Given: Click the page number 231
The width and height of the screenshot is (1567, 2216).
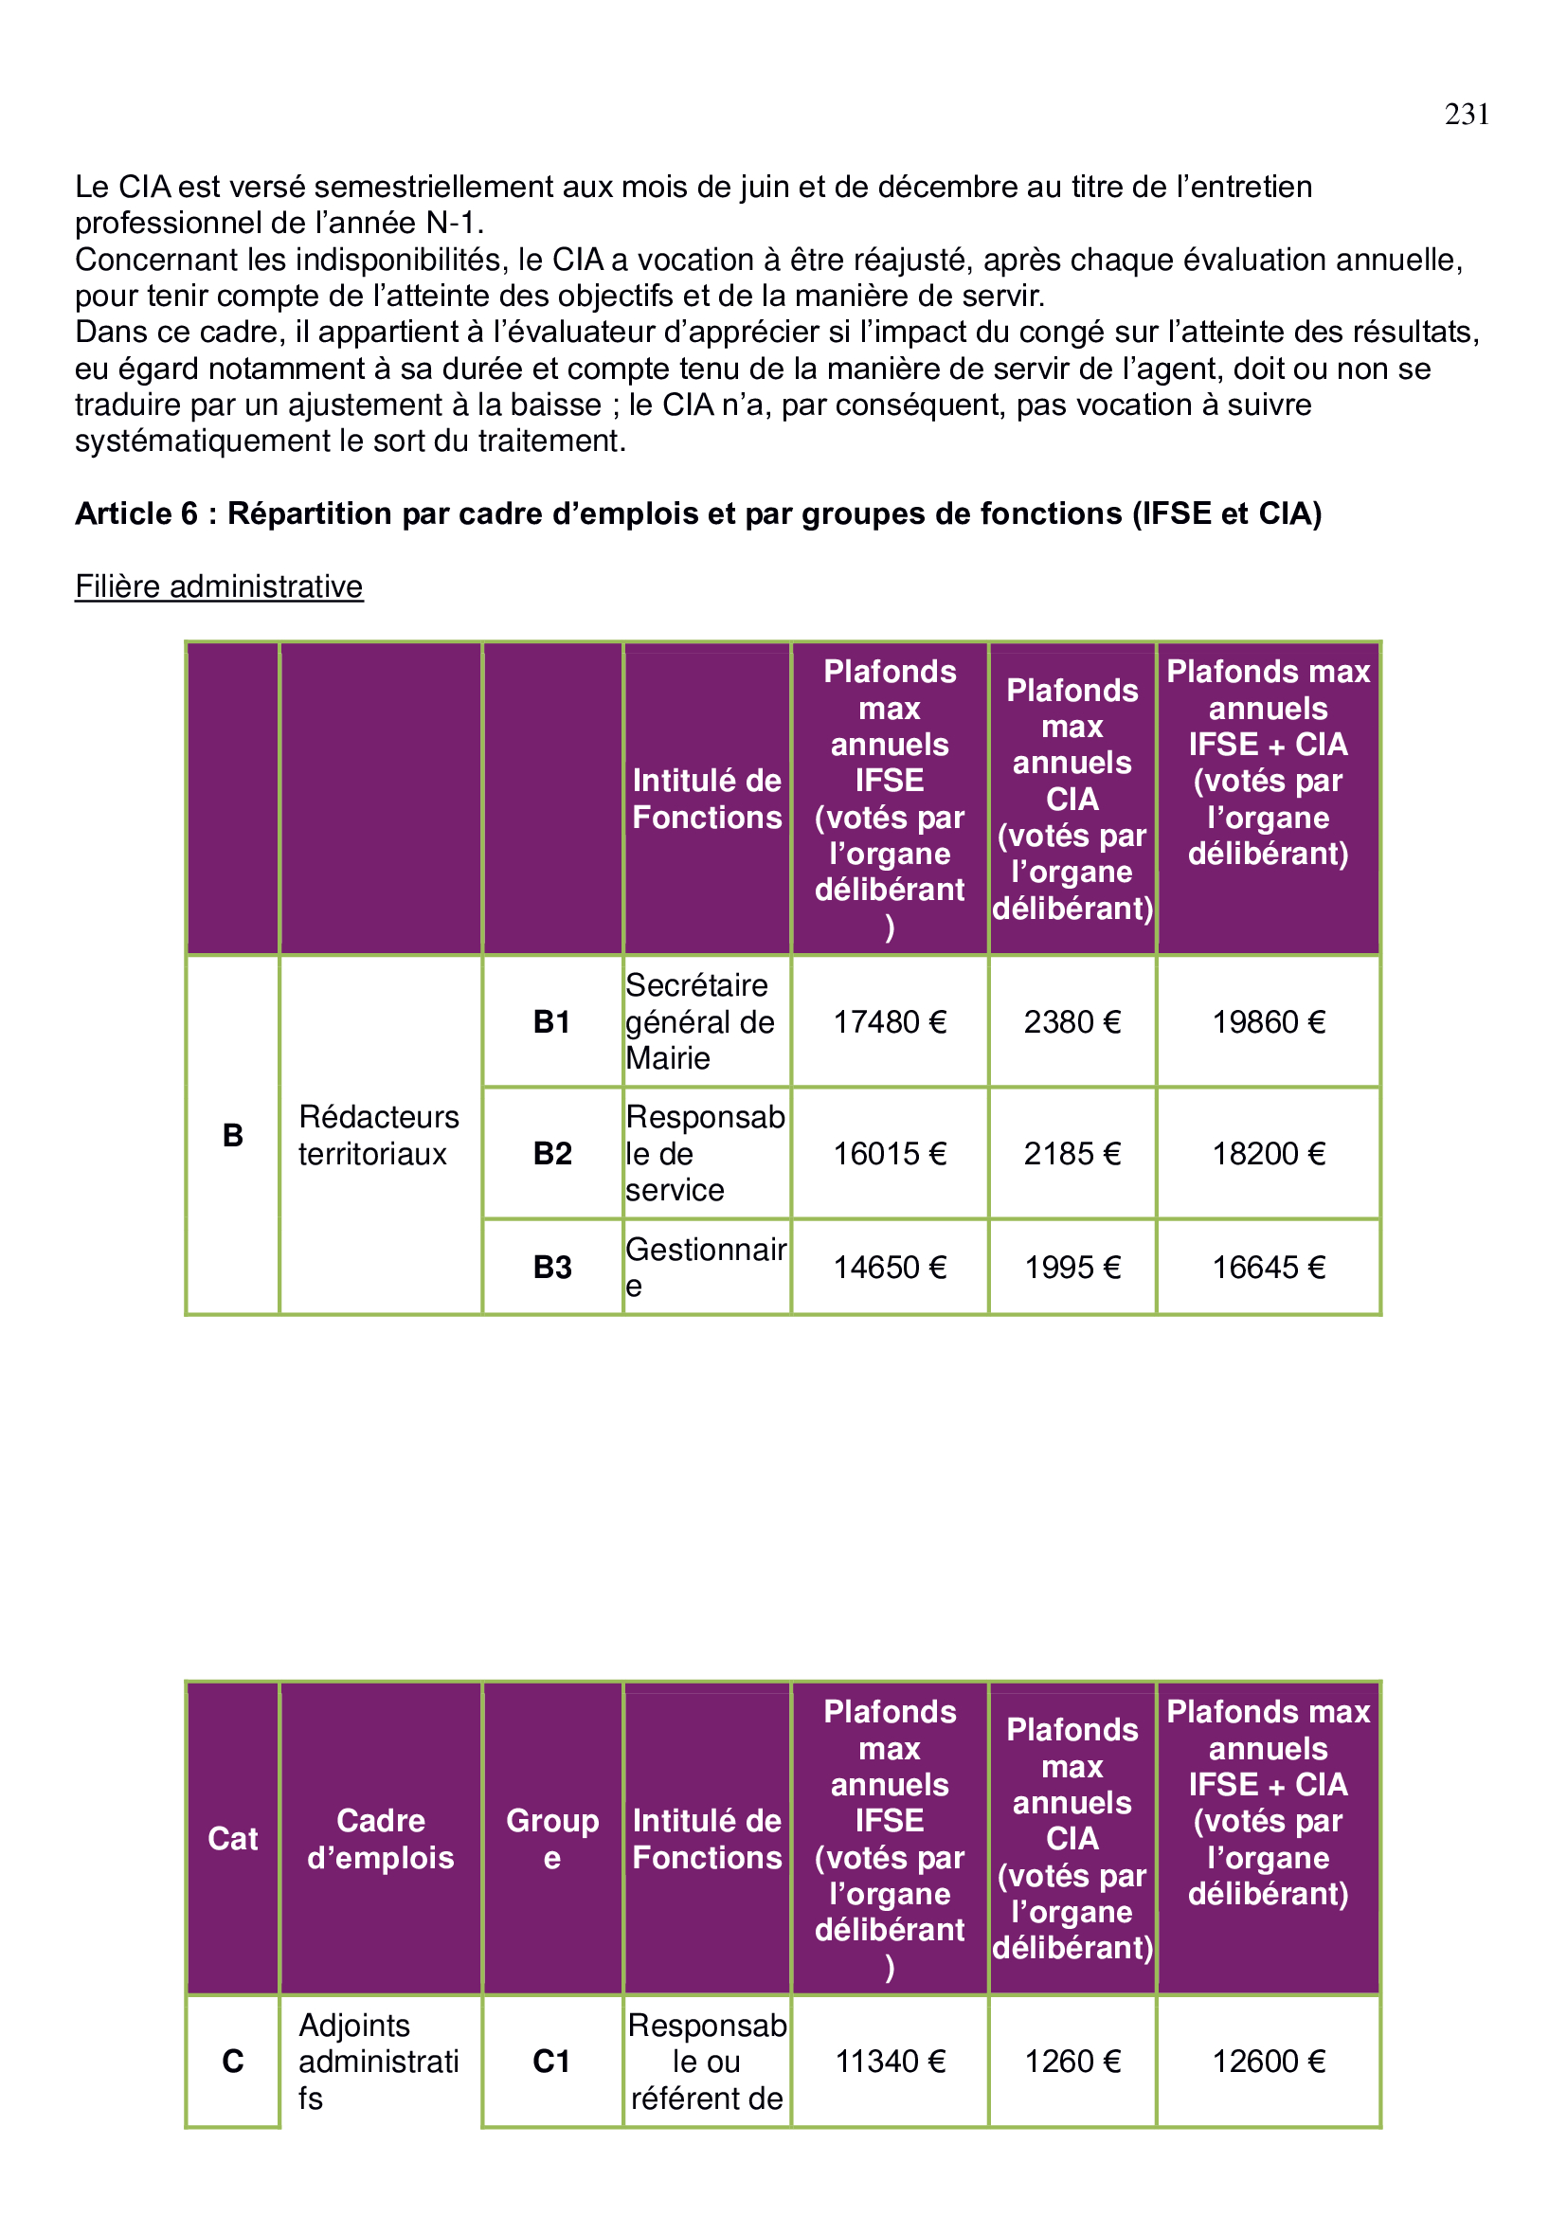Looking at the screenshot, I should [1466, 115].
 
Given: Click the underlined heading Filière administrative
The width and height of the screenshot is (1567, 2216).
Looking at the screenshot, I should [219, 586].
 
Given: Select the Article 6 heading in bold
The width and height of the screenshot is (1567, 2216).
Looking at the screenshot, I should [697, 513].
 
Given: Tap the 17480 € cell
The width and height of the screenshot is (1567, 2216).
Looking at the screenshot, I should [890, 1021].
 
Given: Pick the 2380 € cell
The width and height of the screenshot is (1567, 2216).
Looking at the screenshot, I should [1072, 1021].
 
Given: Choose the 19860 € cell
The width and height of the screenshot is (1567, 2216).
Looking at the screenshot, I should [1268, 1021].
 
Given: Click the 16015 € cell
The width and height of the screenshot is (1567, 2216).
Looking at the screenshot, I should [890, 1153].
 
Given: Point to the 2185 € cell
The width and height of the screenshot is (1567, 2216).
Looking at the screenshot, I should [1072, 1153].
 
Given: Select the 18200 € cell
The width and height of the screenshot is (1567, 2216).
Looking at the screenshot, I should [1268, 1153].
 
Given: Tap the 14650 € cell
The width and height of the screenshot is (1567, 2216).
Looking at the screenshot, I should [890, 1267].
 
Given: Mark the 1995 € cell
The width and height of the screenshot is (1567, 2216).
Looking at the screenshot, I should [1072, 1267].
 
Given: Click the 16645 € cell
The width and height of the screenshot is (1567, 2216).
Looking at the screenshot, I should [1268, 1267].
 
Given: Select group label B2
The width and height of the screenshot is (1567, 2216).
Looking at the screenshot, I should [552, 1153].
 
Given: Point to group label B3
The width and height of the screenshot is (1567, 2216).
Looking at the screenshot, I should [552, 1267].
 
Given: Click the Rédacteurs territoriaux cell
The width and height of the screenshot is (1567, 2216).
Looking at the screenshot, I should [378, 1135].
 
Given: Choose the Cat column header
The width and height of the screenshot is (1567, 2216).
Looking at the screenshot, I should [232, 1839].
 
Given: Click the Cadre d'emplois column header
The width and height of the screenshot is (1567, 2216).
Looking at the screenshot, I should [380, 1839].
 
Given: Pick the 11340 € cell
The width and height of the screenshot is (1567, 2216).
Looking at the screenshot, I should [890, 2062].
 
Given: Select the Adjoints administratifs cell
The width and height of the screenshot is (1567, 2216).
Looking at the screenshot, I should [378, 2062].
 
